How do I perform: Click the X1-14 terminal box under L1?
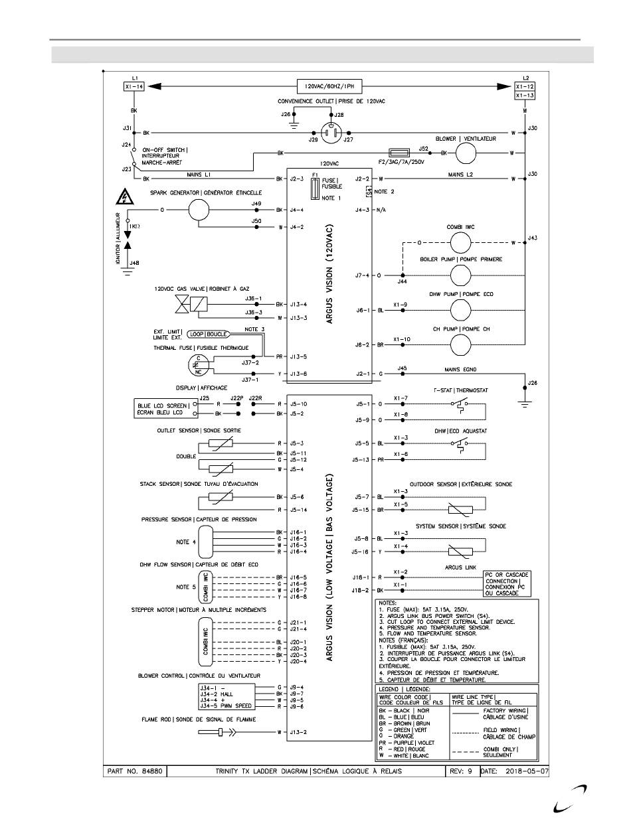click(133, 86)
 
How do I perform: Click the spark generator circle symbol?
click(199, 210)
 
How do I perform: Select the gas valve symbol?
click(190, 305)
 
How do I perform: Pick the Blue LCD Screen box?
click(163, 409)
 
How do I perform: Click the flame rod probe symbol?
click(213, 732)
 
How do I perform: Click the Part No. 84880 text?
click(135, 772)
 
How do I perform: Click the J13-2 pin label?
click(298, 732)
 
